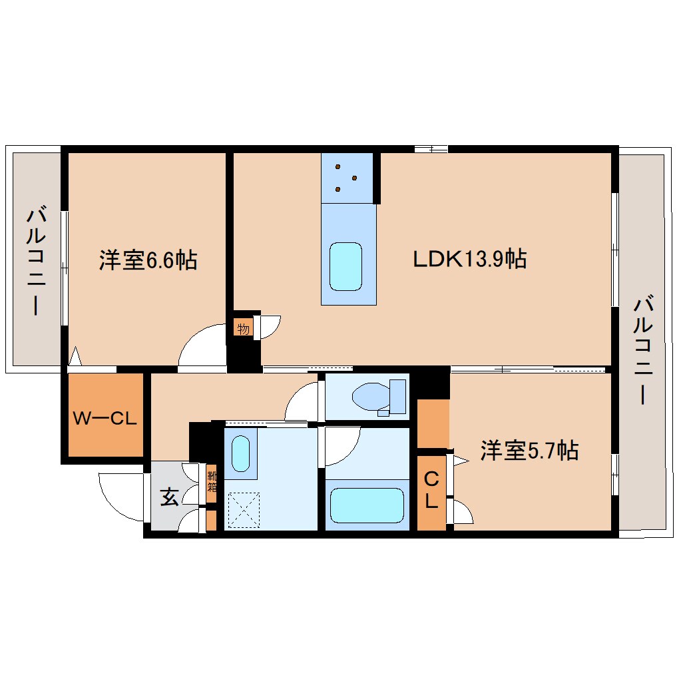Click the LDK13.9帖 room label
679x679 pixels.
point(470,260)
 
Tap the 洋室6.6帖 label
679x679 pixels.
point(148,260)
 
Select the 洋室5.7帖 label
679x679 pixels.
point(529,451)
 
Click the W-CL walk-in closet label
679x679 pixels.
point(105,418)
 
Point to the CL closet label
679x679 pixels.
point(431,490)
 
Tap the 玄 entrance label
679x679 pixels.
point(169,496)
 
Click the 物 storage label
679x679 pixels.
point(244,329)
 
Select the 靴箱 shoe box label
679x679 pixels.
point(212,481)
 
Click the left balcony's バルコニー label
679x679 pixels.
point(36,262)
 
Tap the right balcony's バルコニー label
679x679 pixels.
point(643,350)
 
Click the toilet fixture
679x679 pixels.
point(379,397)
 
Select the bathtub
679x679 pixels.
point(367,505)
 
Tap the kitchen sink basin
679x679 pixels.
point(345,266)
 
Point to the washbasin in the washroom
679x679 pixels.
point(241,453)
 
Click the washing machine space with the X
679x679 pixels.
point(244,510)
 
